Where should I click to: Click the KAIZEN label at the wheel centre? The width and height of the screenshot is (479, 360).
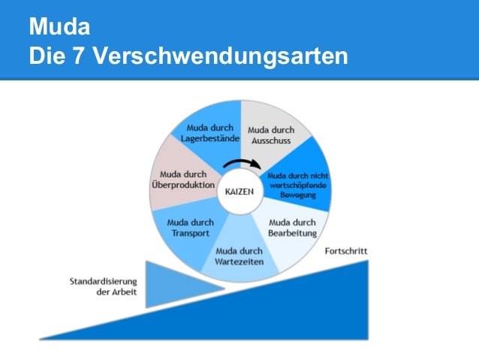click(239, 191)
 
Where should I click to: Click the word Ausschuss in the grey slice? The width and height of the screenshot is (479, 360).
click(271, 140)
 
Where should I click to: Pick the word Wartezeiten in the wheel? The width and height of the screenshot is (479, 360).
click(239, 262)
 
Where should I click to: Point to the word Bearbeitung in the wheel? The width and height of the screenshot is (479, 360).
click(292, 232)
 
